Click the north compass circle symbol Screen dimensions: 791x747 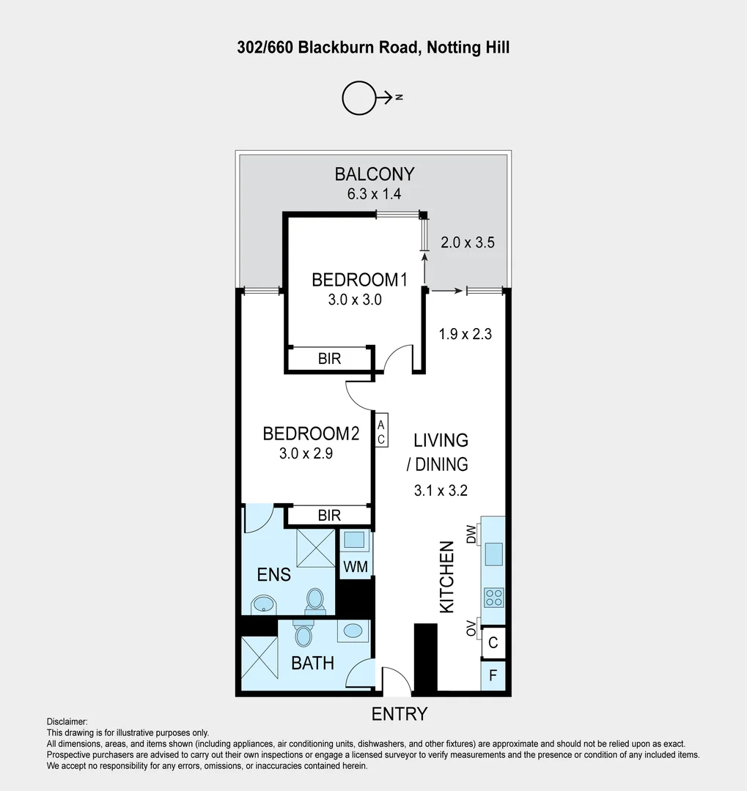tap(359, 97)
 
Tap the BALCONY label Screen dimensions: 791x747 tap(375, 174)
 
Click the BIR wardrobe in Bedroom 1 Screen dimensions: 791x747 tap(329, 360)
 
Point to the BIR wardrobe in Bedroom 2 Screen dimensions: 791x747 tap(329, 516)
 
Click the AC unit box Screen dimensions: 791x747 tap(381, 431)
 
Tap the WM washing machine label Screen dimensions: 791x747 tap(356, 566)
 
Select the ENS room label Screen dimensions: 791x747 tap(274, 575)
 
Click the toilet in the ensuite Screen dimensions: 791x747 tap(316, 599)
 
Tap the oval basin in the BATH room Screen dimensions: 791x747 tap(353, 631)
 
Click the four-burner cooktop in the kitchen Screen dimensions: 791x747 tap(493, 598)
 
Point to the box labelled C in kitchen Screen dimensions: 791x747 tap(493, 643)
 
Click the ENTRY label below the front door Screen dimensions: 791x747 tap(400, 714)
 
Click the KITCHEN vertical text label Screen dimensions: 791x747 tap(446, 577)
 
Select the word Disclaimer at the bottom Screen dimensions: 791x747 tap(67, 722)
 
